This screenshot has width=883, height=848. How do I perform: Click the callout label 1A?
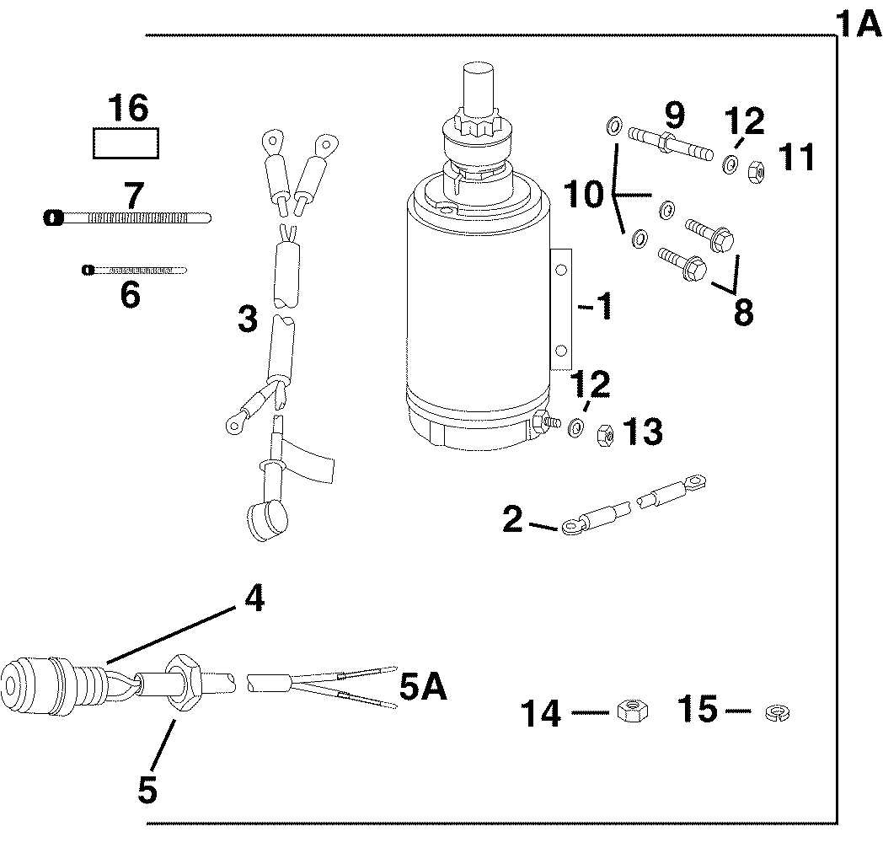click(859, 24)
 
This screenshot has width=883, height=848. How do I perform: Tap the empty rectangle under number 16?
click(126, 143)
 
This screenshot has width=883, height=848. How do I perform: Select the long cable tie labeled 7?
click(126, 217)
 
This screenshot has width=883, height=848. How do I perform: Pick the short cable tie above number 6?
click(134, 270)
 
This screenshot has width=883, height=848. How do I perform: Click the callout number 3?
click(247, 319)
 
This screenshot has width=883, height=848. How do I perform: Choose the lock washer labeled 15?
click(773, 713)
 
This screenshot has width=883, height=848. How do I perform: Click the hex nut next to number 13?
click(604, 435)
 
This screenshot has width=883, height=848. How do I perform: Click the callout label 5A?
click(422, 688)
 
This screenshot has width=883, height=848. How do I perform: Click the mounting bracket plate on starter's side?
click(560, 308)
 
